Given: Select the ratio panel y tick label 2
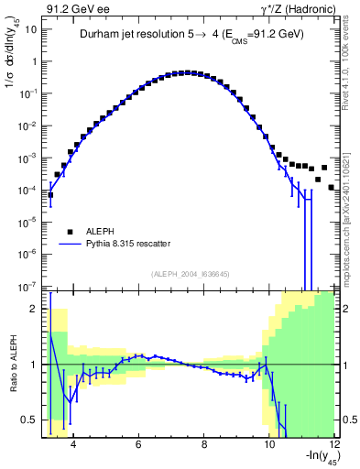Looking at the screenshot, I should tap(33, 309).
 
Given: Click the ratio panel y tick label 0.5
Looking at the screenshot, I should tap(29, 420).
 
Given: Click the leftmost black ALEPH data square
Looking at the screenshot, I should tap(50, 194).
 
